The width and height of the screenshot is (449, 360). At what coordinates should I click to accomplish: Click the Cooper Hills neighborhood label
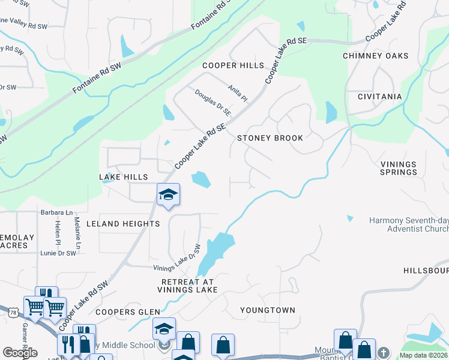click(x=233, y=65)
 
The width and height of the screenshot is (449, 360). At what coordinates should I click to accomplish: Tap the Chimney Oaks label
click(x=375, y=56)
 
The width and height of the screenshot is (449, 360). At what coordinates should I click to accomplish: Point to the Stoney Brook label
click(x=270, y=138)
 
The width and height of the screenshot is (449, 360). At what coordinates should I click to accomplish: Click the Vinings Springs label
click(x=399, y=168)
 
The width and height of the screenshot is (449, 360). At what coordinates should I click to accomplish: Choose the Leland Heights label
click(x=123, y=224)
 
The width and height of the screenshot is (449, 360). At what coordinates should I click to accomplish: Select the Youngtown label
click(x=268, y=310)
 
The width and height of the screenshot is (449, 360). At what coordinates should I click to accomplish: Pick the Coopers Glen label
click(x=128, y=312)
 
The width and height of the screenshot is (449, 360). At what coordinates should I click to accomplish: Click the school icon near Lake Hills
click(x=169, y=194)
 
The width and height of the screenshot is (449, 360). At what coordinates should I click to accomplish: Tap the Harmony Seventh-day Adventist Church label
click(x=408, y=224)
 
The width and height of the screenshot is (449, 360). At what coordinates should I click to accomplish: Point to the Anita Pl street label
click(x=237, y=92)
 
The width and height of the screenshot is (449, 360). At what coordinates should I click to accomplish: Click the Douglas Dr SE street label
click(x=213, y=102)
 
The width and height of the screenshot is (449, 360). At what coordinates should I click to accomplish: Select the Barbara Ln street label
click(x=56, y=212)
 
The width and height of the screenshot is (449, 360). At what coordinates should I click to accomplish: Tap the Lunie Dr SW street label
click(x=58, y=253)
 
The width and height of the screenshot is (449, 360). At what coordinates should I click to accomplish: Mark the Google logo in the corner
click(x=20, y=353)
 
